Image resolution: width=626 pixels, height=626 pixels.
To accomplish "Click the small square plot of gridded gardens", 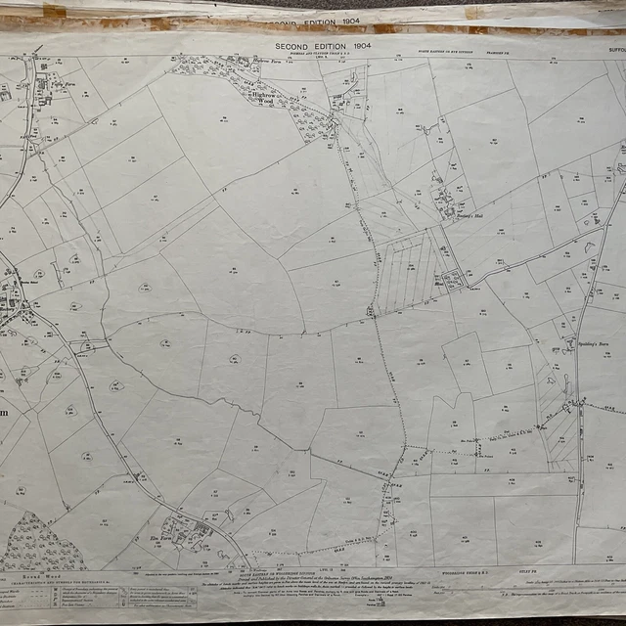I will [x=453, y=281].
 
